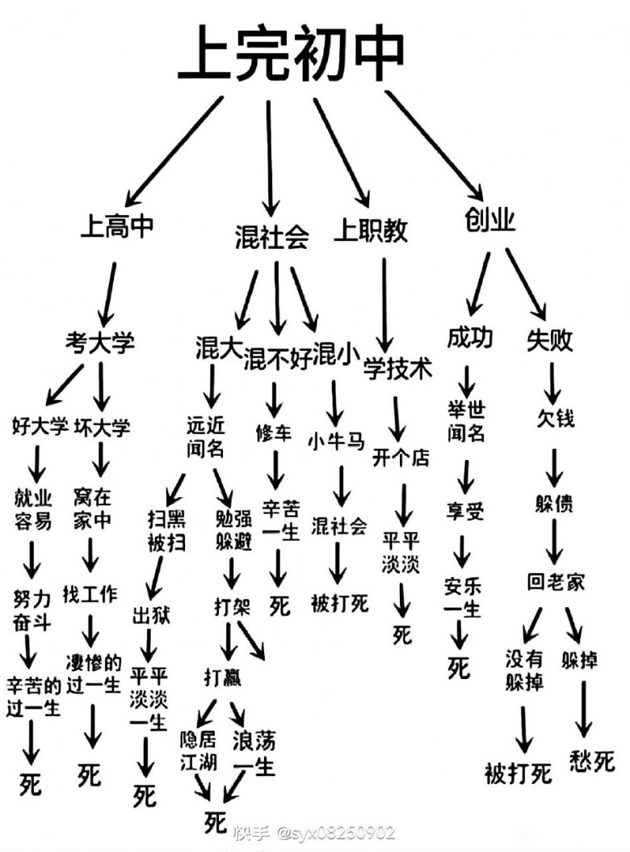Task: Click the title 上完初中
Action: click(292, 53)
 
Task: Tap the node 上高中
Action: click(116, 226)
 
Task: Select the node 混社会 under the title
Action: click(271, 237)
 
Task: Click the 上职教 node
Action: click(371, 231)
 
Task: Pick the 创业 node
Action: click(490, 219)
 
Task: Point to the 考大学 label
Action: click(100, 342)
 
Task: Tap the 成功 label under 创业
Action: click(469, 337)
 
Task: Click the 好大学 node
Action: click(40, 425)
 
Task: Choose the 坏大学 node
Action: click(103, 425)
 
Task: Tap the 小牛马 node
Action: click(337, 441)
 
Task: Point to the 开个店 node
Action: click(401, 458)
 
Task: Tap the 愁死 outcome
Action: click(592, 761)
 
